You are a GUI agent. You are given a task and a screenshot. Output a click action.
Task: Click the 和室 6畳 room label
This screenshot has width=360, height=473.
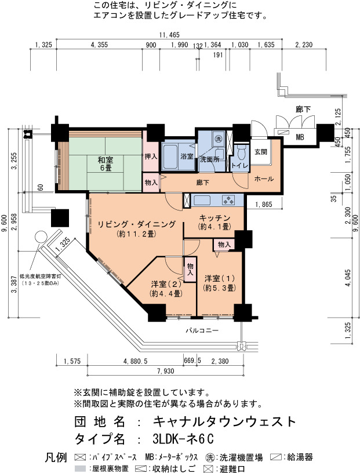(x=106, y=163)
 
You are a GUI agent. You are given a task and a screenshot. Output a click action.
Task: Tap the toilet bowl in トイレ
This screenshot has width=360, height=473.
(x=241, y=153)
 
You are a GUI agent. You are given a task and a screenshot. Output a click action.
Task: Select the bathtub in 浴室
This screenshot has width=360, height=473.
(x=170, y=157)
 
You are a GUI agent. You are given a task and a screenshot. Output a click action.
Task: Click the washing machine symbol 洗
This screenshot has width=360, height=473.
(x=218, y=139)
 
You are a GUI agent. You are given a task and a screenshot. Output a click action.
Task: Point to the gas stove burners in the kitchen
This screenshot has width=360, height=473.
(x=228, y=200)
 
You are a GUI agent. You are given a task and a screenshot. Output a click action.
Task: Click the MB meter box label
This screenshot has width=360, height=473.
(x=300, y=137)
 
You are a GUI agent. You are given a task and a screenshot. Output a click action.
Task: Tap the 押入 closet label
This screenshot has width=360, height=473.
(x=151, y=157)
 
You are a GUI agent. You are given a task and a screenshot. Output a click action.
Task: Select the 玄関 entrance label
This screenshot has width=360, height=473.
(x=261, y=152)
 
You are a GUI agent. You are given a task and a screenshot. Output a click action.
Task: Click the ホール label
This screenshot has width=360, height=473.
(x=264, y=179)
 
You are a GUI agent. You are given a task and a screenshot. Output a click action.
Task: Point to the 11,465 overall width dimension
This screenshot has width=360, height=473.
(x=169, y=35)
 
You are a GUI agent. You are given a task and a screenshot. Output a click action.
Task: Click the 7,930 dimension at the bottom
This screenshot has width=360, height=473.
(x=166, y=371)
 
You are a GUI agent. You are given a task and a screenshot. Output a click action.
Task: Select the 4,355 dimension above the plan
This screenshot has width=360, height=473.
(x=99, y=45)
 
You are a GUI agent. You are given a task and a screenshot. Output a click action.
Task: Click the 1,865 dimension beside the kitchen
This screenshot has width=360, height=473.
(x=264, y=205)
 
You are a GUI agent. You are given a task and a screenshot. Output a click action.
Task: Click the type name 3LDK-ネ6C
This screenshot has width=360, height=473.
(x=183, y=439)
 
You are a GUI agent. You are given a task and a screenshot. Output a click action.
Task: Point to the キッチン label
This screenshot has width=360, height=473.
(x=214, y=218)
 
